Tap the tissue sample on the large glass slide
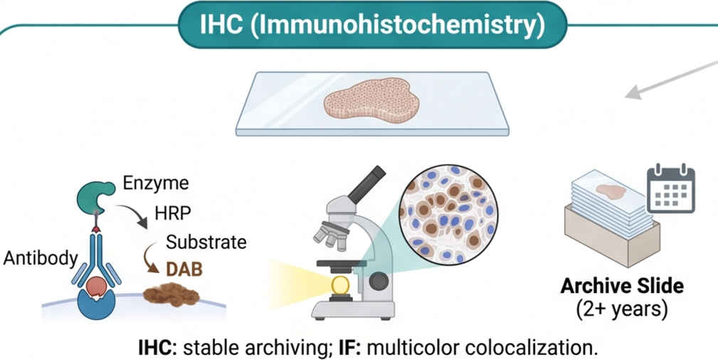371,100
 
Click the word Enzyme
156,184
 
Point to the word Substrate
206,242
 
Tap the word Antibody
41,258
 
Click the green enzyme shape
95,196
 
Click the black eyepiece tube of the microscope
366,184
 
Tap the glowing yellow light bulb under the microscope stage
339,285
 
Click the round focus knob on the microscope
379,281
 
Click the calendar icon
670,188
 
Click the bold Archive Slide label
622,287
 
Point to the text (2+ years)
622,309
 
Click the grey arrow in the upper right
671,80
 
